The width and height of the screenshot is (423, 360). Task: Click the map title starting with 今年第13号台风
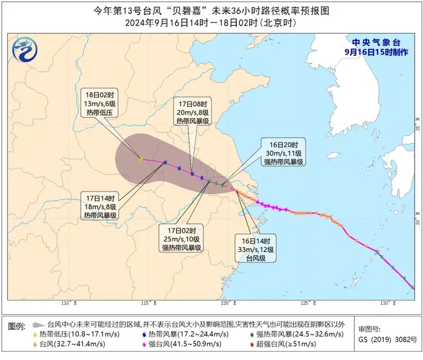point(211,11)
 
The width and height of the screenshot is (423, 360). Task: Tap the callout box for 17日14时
point(102,206)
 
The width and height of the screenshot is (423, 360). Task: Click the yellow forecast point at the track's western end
point(141,159)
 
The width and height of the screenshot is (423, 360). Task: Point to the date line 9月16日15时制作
point(375,53)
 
